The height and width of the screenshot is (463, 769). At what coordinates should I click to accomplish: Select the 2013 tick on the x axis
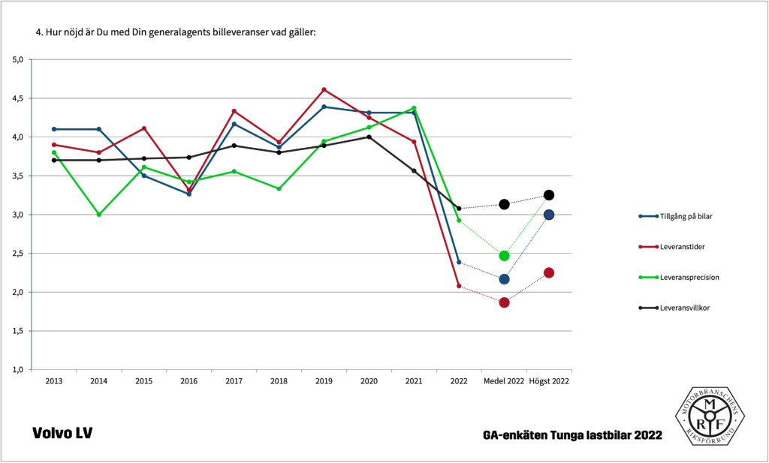[54, 381]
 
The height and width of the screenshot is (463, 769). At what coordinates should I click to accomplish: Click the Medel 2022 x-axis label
[504, 381]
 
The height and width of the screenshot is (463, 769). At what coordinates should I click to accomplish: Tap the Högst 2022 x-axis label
[549, 381]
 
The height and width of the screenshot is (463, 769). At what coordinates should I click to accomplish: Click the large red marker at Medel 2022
[504, 302]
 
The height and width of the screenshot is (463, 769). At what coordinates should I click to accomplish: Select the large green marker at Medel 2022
[504, 256]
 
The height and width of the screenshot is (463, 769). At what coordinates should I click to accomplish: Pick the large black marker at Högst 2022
[549, 195]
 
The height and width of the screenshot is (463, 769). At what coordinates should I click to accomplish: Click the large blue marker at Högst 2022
[549, 215]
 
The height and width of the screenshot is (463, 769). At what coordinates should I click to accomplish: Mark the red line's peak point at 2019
[324, 89]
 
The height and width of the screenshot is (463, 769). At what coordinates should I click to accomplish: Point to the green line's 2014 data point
[98, 215]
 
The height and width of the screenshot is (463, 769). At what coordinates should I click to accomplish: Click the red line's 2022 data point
[459, 286]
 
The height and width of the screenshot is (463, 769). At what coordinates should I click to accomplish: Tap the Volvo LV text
[62, 434]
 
